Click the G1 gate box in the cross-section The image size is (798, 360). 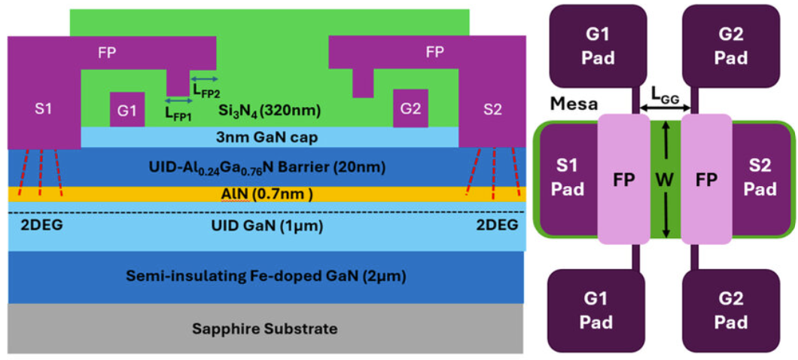tap(126, 109)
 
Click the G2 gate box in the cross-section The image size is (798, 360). tap(411, 109)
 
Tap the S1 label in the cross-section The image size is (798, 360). tap(43, 108)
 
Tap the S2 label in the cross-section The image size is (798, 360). tap(492, 109)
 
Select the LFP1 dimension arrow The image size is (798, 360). tap(179, 101)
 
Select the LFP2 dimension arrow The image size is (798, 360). tap(205, 79)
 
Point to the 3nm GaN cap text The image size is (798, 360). tap(270, 138)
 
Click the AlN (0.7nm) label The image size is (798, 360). tap(270, 194)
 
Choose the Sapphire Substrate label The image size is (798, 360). tap(265, 329)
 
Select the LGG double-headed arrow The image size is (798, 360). tap(666, 108)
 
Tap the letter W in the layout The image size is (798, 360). tap(666, 181)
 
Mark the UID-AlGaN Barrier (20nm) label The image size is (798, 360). tap(267, 167)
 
